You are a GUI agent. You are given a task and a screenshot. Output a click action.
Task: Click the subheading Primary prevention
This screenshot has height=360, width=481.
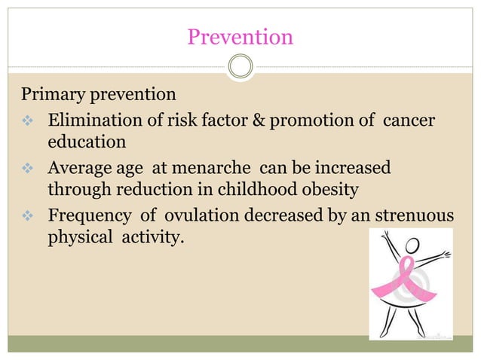(98, 96)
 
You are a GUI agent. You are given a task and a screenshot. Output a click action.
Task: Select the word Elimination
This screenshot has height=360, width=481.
(94, 120)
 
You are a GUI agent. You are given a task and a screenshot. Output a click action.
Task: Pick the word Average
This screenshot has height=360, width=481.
(79, 166)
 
